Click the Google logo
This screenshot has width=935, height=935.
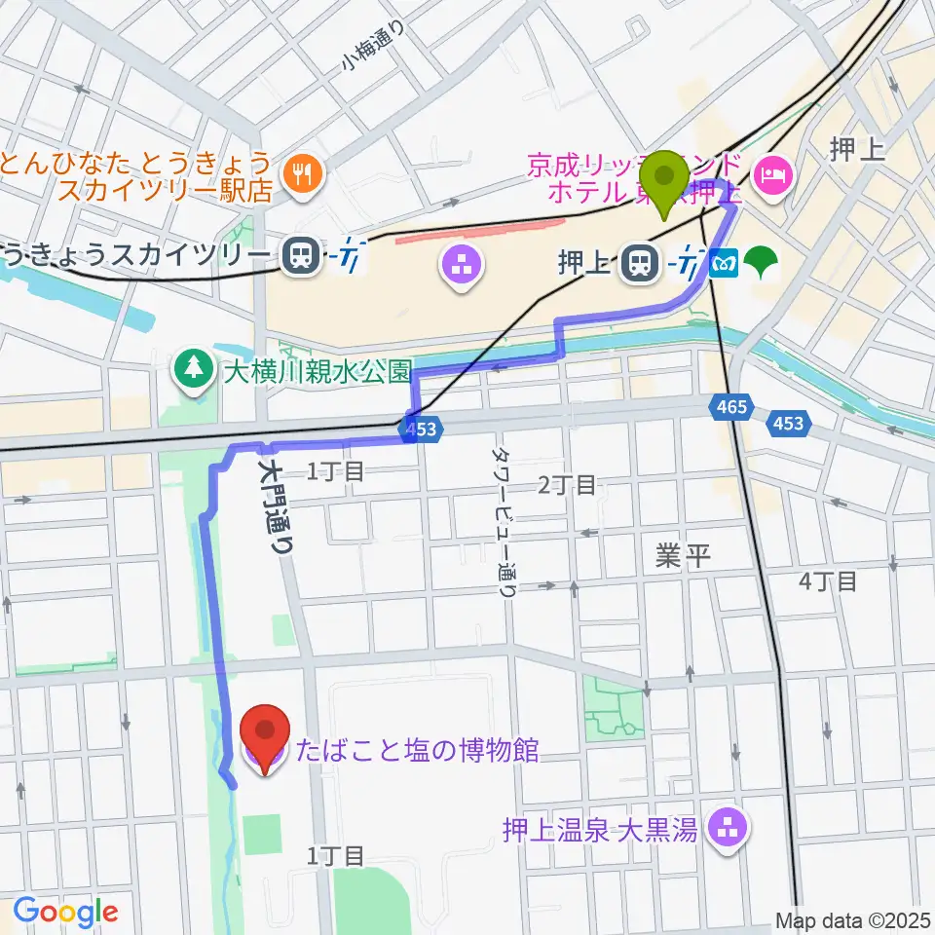click(x=65, y=911)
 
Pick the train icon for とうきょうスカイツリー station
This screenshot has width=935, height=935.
click(x=300, y=257)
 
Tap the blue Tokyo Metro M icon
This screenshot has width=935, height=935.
click(x=726, y=262)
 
